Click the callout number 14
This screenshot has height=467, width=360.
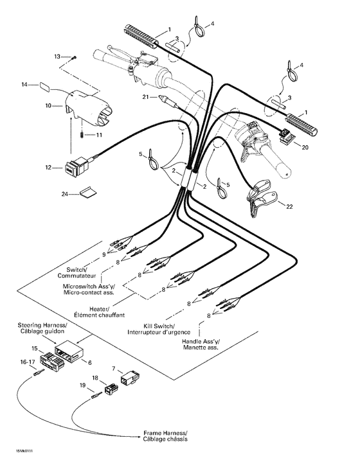point(25,85)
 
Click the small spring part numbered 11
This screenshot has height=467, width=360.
point(82,135)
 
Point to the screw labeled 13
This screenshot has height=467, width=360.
point(75,57)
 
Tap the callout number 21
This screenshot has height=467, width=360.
point(146,97)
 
